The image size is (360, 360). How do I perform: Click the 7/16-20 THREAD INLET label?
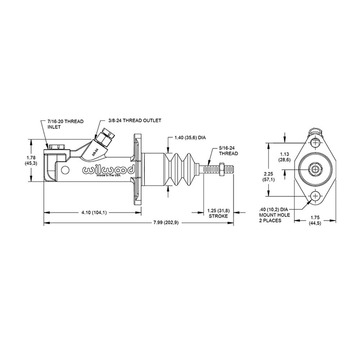pyautogui.click(x=65, y=124)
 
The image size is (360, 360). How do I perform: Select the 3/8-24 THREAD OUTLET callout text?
pyautogui.click(x=135, y=120)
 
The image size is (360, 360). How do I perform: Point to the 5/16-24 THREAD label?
pyautogui.click(x=229, y=150)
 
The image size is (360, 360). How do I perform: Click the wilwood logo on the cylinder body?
pyautogui.click(x=108, y=170)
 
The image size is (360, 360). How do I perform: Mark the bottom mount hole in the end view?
pyautogui.click(x=316, y=196)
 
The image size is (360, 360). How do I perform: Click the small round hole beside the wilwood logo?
pyautogui.click(x=65, y=170)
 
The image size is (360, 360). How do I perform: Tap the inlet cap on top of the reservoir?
pyautogui.click(x=57, y=147)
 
